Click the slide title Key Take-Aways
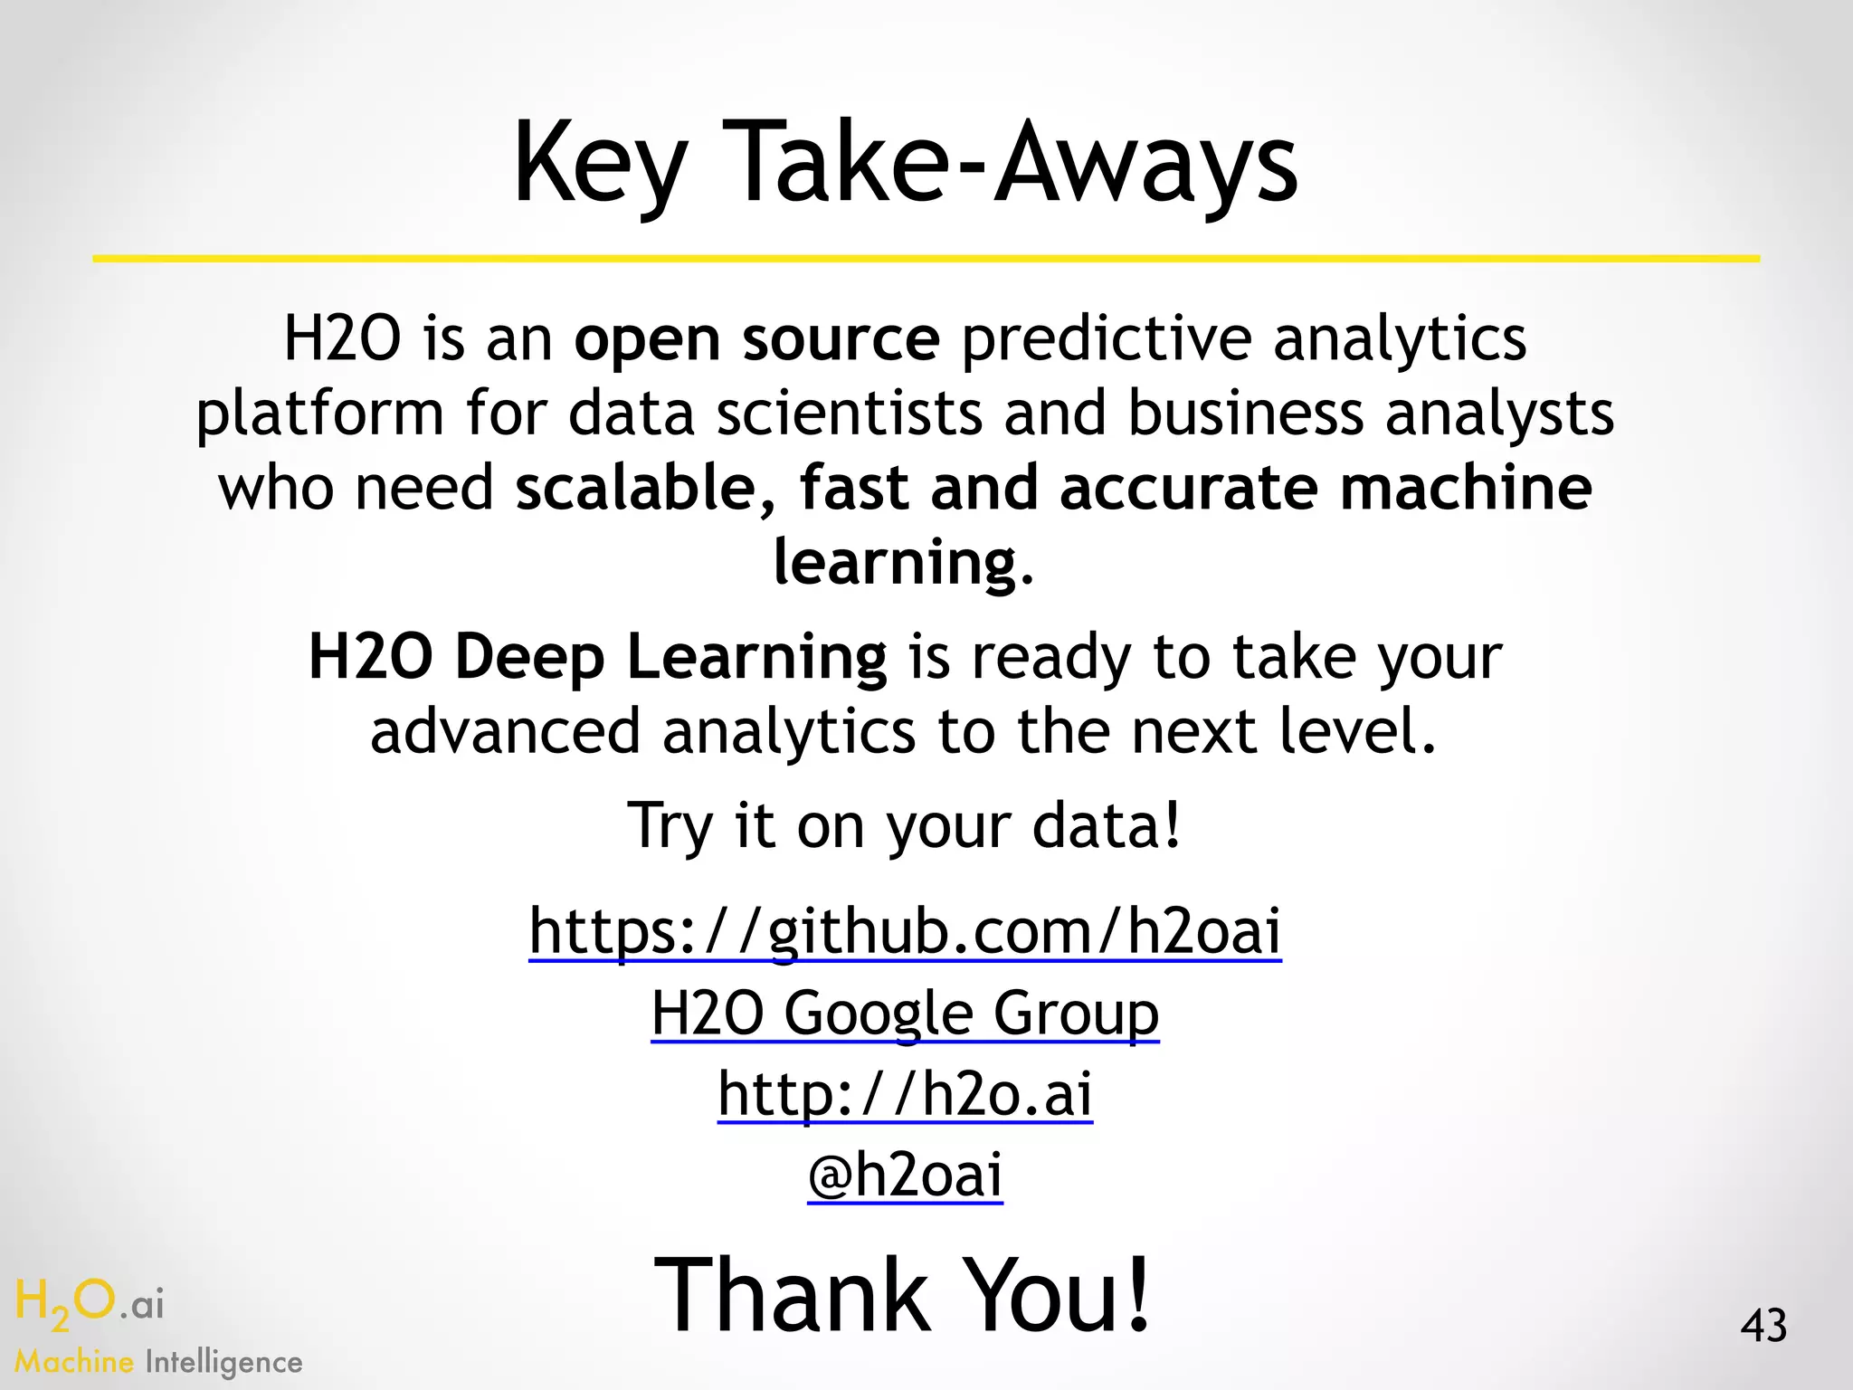point(906,163)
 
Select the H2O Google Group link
point(905,1013)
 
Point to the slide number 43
point(1763,1326)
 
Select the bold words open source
point(756,339)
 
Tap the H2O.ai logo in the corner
point(90,1304)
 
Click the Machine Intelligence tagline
point(158,1362)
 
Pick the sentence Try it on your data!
point(905,825)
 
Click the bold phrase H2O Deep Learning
point(597,656)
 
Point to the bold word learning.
point(896,562)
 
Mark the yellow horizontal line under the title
point(926,259)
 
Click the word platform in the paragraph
point(319,414)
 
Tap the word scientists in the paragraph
point(849,414)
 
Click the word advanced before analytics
point(505,731)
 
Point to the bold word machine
point(1465,488)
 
